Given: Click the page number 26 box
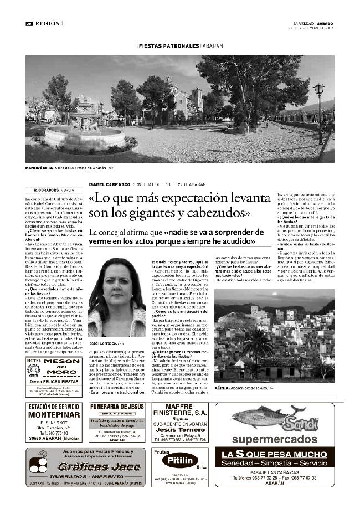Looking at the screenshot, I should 28,23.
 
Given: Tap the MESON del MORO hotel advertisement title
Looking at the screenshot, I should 62,368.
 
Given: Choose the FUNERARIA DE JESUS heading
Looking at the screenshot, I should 117,407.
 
